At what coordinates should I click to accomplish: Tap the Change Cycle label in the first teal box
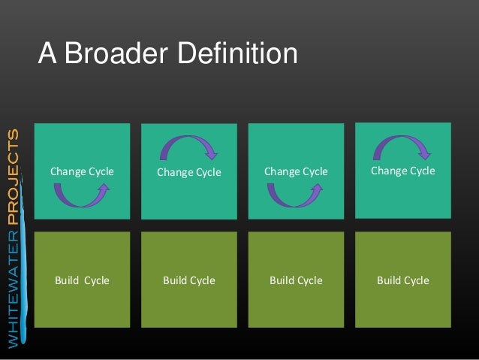(82, 171)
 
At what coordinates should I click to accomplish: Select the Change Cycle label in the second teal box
(188, 172)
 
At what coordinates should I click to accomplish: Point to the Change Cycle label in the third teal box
(296, 171)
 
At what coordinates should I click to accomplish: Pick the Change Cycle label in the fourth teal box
(402, 171)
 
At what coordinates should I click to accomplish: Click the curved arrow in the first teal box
(82, 195)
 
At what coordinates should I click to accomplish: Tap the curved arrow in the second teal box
(189, 147)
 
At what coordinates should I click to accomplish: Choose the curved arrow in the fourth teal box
(402, 147)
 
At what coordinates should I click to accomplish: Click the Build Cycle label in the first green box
(82, 280)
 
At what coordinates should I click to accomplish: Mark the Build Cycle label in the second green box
(189, 280)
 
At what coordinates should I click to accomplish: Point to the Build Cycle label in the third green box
(296, 280)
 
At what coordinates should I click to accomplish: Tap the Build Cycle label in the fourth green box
(402, 280)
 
